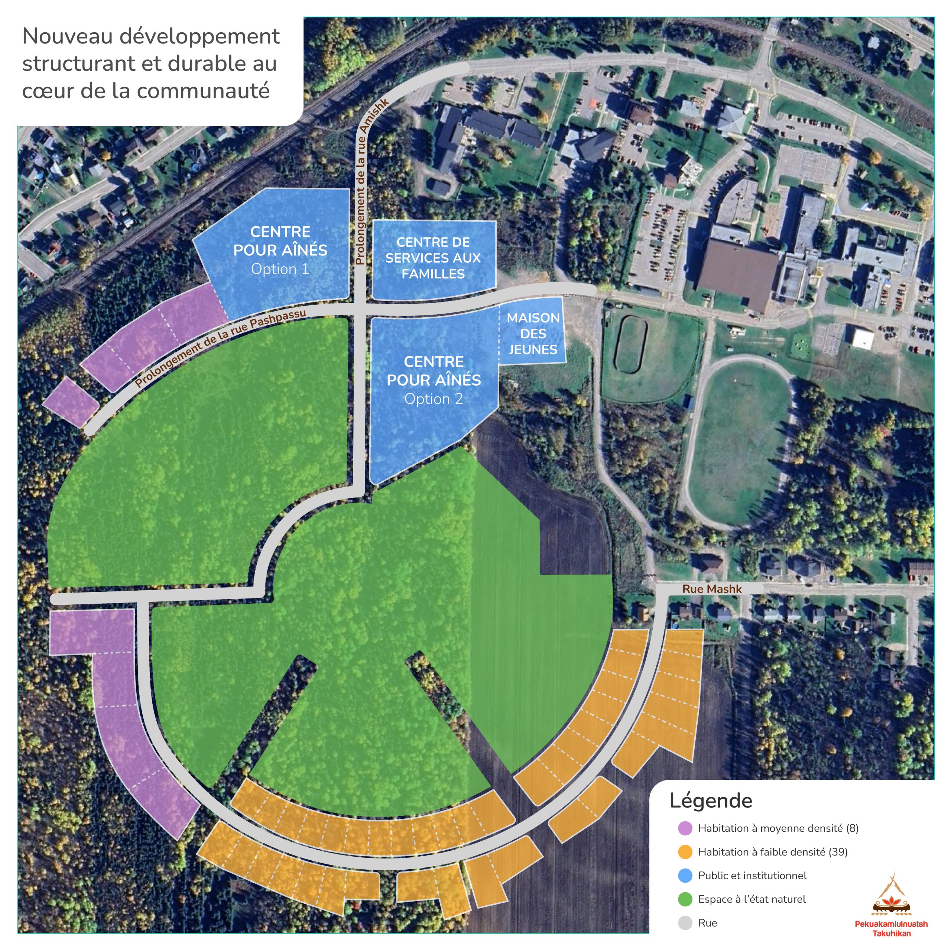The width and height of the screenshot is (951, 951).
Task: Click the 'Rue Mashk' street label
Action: coord(711,589)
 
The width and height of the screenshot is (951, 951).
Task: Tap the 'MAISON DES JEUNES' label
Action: coord(533,333)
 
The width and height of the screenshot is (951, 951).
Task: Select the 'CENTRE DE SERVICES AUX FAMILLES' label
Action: coord(433,257)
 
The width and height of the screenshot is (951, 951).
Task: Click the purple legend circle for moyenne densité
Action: coord(685,828)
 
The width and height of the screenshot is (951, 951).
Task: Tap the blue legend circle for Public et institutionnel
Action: coord(685,875)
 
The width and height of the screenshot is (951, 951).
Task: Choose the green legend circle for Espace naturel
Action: coord(685,899)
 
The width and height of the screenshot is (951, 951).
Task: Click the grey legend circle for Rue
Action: coord(685,922)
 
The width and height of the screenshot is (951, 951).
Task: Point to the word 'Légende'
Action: coord(711,801)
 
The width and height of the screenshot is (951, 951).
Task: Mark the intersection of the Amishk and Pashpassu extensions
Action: coord(360,309)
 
